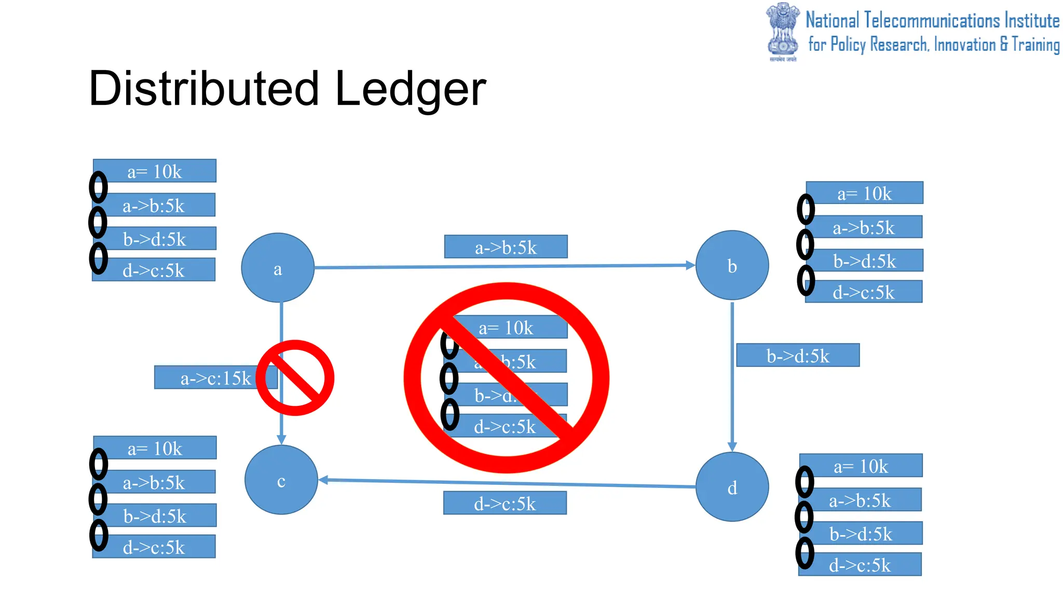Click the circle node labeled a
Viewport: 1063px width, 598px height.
point(278,268)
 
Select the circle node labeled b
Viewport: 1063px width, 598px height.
point(732,265)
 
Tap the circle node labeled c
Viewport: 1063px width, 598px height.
point(281,480)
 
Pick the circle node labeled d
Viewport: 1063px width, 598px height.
point(732,487)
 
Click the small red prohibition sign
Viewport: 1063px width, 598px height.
point(295,378)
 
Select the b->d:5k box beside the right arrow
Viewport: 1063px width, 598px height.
point(798,356)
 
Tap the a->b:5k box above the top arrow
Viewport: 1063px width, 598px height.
point(506,247)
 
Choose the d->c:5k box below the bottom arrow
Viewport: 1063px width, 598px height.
point(505,503)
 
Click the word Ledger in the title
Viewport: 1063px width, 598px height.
point(410,88)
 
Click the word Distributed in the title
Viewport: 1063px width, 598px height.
point(203,88)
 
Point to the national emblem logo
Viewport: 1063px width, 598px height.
point(783,31)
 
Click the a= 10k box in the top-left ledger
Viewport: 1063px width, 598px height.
point(155,171)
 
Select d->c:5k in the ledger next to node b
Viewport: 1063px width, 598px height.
point(864,292)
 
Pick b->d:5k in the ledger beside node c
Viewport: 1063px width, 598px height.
point(155,515)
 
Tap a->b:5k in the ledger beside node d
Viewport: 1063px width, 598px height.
point(860,500)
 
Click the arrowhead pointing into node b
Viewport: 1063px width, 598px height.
point(690,265)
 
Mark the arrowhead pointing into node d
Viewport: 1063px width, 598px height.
point(732,446)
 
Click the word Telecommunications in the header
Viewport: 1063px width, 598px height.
point(932,21)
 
